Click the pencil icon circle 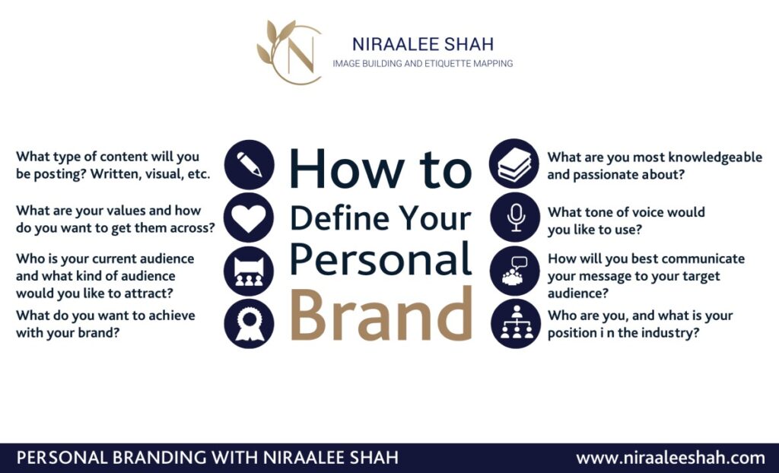(249, 164)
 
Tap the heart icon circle (249, 217)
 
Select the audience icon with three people (249, 271)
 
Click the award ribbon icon (249, 323)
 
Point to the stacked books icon (514, 164)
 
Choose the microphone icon (515, 217)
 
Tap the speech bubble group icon (515, 271)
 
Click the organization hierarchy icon (516, 323)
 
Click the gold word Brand (380, 315)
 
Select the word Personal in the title (380, 259)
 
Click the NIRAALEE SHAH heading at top (423, 44)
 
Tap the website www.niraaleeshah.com (670, 457)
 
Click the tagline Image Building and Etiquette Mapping (423, 64)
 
